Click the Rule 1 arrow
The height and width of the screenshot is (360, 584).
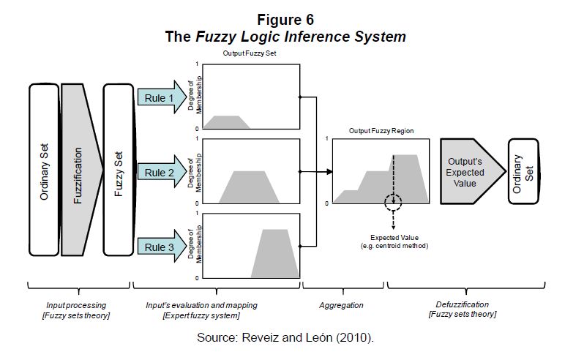159,97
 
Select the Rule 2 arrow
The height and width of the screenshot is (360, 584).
159,173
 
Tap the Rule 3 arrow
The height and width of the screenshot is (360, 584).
159,248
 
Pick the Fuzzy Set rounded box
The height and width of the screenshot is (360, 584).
118,169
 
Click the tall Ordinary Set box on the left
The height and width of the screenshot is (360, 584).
44,169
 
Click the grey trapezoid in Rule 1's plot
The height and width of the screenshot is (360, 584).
228,122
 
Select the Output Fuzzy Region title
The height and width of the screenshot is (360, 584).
381,131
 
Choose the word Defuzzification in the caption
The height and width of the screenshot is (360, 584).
462,304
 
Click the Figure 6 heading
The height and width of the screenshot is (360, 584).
285,19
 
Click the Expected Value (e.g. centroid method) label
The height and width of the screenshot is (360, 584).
394,242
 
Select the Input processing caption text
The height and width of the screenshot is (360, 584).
76,304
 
